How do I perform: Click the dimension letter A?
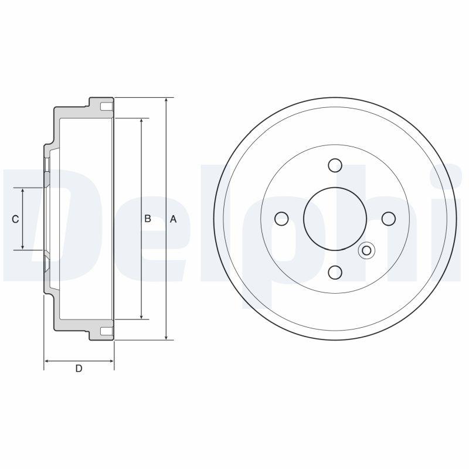[x=173, y=219]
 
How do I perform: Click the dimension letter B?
[x=148, y=219]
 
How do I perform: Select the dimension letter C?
[x=15, y=219]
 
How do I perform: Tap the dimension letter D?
[x=79, y=369]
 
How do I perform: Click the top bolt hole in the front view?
[x=335, y=165]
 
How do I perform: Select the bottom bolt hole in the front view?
[x=335, y=272]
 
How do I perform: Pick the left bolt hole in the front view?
[x=281, y=219]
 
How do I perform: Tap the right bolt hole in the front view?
[x=389, y=219]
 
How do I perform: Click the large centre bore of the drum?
[x=335, y=219]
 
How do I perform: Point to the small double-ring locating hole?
[x=366, y=250]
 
